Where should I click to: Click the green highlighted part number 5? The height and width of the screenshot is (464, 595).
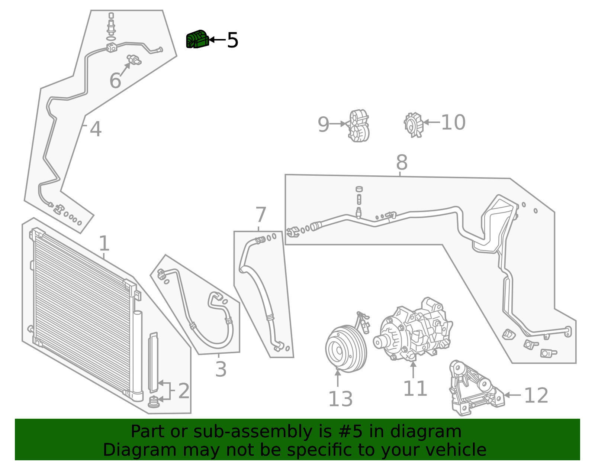point(197,39)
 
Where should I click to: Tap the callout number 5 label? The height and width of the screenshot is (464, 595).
point(233,40)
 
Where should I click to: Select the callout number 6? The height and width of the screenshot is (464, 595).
point(115,81)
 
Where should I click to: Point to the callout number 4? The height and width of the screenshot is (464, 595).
point(96,129)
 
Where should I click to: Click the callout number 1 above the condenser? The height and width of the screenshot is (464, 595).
point(104,244)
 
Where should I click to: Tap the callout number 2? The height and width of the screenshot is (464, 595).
point(184,391)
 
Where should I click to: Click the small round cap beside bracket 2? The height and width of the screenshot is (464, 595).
point(154,402)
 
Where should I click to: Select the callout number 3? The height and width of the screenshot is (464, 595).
point(221,369)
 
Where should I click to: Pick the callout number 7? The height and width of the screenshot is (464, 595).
point(261,215)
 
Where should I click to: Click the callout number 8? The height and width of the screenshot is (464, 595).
point(402,163)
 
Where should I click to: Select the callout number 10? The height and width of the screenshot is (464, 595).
point(453,122)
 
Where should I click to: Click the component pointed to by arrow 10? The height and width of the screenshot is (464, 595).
point(414,124)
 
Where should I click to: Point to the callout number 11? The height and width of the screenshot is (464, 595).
point(415,389)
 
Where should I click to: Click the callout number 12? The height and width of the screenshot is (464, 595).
point(536,395)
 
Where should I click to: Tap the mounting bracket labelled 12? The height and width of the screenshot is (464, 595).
point(474,390)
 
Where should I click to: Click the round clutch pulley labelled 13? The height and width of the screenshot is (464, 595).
point(345,348)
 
